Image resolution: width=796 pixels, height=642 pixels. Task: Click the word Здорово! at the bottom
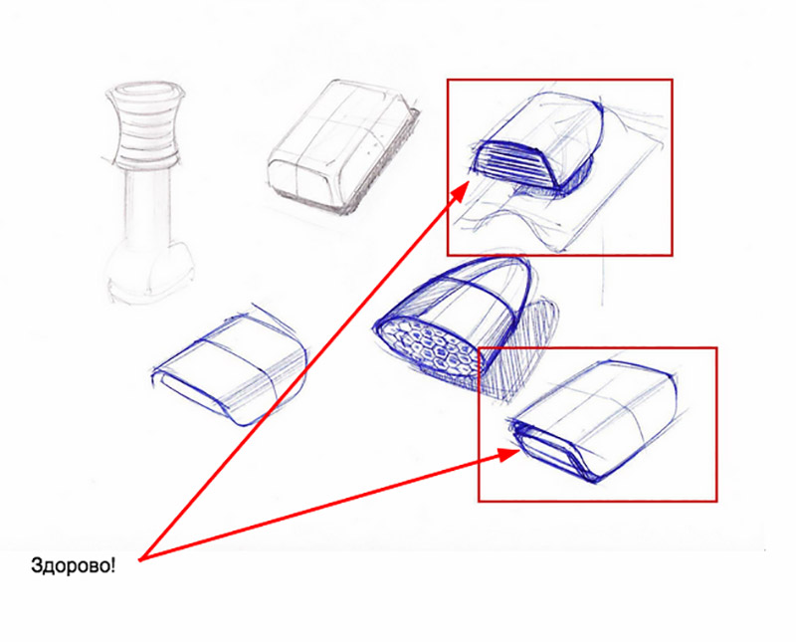73,565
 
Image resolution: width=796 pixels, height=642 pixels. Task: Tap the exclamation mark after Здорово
112,564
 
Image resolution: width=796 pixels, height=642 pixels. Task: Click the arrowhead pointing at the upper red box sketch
460,192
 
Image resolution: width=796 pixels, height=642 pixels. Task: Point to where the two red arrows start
140,559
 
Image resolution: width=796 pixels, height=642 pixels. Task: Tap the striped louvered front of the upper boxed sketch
512,162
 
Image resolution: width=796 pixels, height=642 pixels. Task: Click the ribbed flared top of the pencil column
145,123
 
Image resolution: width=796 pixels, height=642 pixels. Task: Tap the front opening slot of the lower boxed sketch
552,452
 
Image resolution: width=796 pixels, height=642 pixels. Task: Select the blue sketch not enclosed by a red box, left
230,365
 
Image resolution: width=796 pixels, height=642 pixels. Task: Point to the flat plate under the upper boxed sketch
568,203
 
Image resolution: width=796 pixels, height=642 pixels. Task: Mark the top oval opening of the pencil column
144,91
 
